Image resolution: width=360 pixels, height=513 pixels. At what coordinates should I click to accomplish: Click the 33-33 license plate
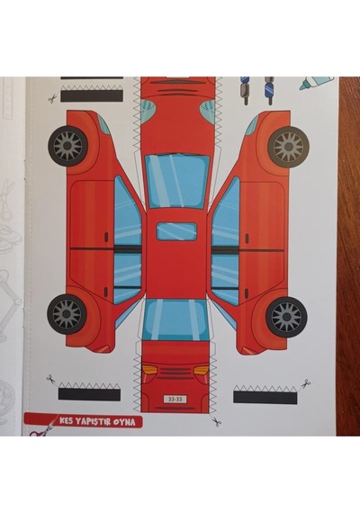pos(176,399)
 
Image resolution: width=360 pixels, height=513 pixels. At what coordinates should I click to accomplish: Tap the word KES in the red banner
pos(67,420)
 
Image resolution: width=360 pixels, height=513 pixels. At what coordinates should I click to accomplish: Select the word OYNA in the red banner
pos(124,422)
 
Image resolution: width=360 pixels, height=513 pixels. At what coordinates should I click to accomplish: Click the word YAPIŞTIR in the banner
pos(93,421)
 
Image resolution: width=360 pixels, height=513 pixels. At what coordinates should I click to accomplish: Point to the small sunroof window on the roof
pos(176,231)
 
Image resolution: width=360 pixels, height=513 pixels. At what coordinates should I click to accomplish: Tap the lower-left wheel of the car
pos(67,314)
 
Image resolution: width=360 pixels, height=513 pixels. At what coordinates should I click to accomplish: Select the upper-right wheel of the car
pos(288,146)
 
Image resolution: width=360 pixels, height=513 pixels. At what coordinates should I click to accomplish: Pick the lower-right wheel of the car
pos(286,317)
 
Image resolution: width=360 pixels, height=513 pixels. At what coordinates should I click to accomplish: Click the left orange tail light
pos(150,370)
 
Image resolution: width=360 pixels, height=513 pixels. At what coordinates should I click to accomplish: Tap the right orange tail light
pos(201,371)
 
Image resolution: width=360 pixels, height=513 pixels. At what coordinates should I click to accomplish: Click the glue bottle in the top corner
pos(317,84)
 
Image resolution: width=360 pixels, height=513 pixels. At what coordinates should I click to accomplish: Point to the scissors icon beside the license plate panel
pos(216,422)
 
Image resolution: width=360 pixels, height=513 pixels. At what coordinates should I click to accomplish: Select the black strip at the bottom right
pos(265,397)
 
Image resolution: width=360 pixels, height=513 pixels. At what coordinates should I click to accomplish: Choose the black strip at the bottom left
pos(89,394)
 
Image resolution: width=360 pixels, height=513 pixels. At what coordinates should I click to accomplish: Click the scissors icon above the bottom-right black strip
pos(306,383)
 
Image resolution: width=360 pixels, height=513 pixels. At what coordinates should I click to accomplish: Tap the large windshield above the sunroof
pos(176,181)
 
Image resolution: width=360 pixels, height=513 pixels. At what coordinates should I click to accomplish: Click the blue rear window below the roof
pos(175,319)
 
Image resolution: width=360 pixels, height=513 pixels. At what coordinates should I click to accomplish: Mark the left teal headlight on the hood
pos(148,110)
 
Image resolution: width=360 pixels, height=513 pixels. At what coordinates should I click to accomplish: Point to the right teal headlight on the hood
pos(207,109)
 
